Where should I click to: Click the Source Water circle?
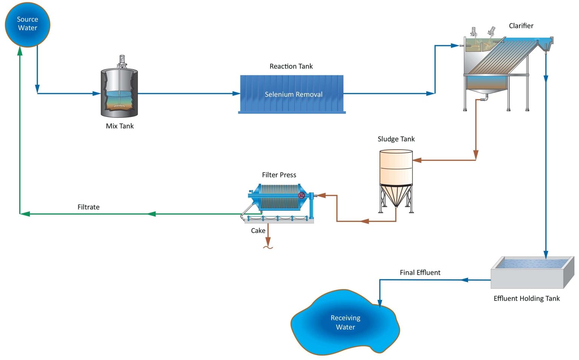[x=28, y=25]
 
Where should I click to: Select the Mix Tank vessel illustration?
[x=119, y=92]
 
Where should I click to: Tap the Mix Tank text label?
[x=119, y=126]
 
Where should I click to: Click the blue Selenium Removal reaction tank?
[x=292, y=94]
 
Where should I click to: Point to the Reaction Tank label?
[x=291, y=66]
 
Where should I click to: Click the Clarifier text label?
[x=521, y=26]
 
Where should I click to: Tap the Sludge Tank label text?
[x=396, y=139]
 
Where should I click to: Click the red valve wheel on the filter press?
[x=302, y=195]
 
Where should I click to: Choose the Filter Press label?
[x=279, y=175]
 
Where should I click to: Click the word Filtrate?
[x=89, y=207]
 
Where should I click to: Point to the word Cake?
[x=258, y=231]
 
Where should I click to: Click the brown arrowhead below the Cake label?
[x=268, y=241]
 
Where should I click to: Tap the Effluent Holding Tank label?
[x=527, y=299]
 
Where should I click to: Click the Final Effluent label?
[x=420, y=273]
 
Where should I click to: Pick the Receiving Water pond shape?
[x=345, y=323]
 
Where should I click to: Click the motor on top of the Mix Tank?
[x=122, y=60]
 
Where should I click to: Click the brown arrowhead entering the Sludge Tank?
[x=417, y=160]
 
